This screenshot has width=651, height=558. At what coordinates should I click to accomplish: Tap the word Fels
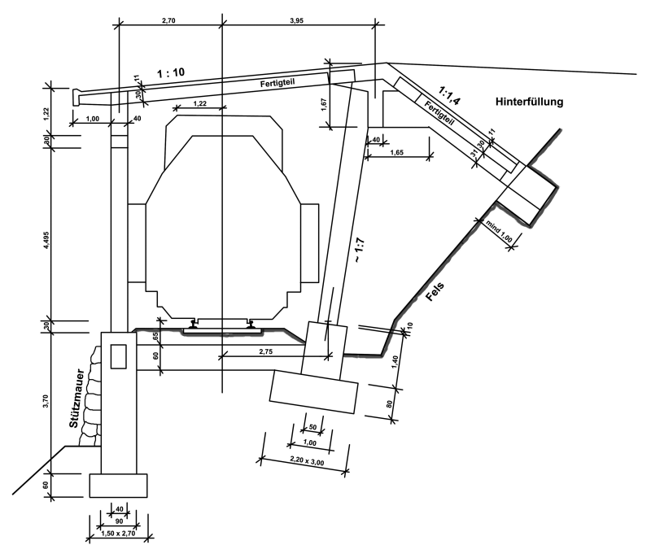pos(436,290)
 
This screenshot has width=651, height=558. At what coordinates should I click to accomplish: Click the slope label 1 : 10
pos(170,73)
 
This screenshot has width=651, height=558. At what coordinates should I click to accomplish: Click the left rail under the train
pos(194,325)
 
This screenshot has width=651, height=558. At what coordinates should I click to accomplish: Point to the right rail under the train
pos(251,325)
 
